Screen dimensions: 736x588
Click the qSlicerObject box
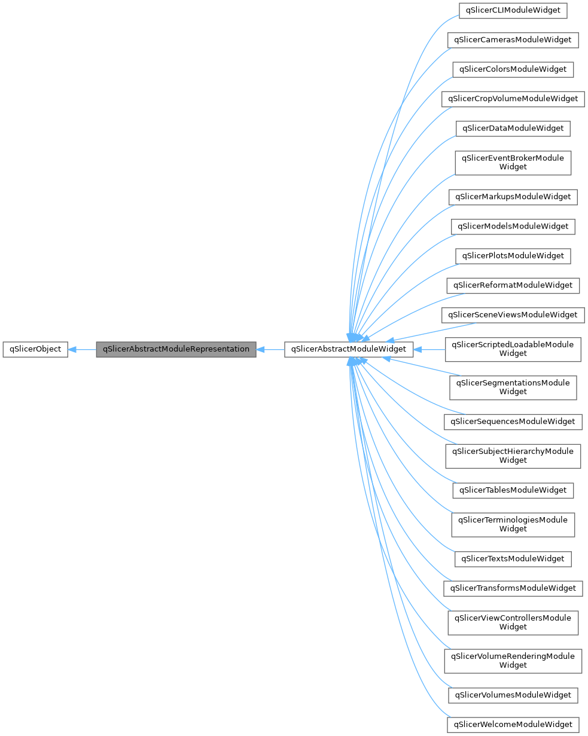35,349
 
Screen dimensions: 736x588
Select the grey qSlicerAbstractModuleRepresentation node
176,349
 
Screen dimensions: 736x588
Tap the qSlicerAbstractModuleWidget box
348,349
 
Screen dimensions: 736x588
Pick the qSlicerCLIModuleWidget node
513,10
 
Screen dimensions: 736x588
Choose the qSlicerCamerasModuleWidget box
513,40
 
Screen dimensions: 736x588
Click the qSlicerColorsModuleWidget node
513,69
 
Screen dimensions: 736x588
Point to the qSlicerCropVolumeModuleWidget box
513,99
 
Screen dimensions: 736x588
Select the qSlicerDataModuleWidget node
513,128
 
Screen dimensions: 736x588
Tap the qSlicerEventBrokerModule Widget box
513,163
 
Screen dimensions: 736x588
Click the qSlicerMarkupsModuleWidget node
513,197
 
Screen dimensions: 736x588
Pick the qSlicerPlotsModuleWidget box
513,256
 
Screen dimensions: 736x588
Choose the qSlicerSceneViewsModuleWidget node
513,315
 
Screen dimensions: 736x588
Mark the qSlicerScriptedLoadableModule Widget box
513,349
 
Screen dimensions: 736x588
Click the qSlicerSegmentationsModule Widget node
513,387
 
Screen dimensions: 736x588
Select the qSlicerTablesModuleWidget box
513,490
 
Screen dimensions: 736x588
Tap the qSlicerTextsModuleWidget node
513,559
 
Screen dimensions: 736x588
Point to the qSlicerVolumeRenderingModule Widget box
513,661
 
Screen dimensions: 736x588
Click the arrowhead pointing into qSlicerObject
72,349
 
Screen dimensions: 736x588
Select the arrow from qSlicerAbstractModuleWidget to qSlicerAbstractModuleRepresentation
270,349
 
